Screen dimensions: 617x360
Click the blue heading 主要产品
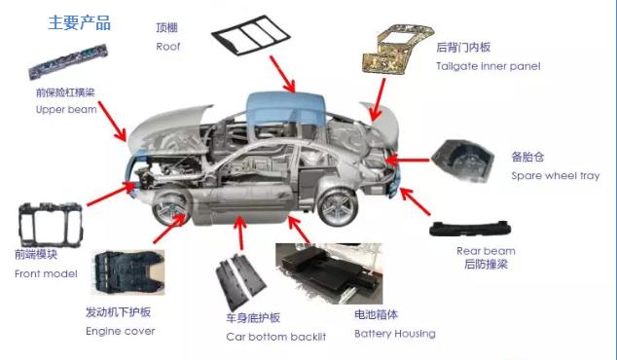(x=80, y=22)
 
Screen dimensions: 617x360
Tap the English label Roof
(x=168, y=47)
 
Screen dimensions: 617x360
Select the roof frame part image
(x=251, y=35)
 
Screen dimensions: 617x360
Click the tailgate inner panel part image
(x=397, y=49)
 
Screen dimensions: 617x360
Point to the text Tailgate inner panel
(x=488, y=66)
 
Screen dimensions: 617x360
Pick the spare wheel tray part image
(x=463, y=161)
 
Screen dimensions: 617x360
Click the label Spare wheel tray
(x=556, y=175)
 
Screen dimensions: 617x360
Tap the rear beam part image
(x=470, y=229)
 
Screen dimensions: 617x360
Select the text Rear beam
(x=486, y=251)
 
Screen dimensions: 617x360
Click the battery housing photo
(x=329, y=273)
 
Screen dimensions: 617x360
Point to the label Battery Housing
(x=395, y=334)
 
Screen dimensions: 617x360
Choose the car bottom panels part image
(x=240, y=281)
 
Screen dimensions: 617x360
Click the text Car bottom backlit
(x=275, y=337)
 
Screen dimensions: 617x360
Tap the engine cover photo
(x=127, y=271)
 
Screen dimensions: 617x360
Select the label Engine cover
(x=121, y=331)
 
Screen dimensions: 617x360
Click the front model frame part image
(x=51, y=225)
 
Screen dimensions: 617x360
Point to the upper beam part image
(x=68, y=61)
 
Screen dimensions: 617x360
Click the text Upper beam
(x=66, y=109)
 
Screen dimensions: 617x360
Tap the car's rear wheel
(x=338, y=207)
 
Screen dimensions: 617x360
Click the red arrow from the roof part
(x=282, y=74)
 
